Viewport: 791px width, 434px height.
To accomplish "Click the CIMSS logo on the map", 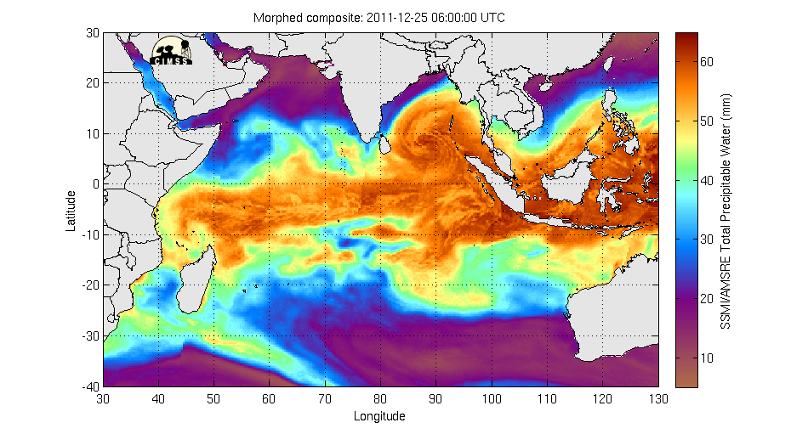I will coord(171,51).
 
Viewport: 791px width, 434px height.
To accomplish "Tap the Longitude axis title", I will coord(380,416).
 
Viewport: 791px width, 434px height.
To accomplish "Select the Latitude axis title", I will coord(72,209).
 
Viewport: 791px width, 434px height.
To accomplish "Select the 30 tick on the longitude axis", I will coord(104,397).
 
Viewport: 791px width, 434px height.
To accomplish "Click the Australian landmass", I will coord(621,314).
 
